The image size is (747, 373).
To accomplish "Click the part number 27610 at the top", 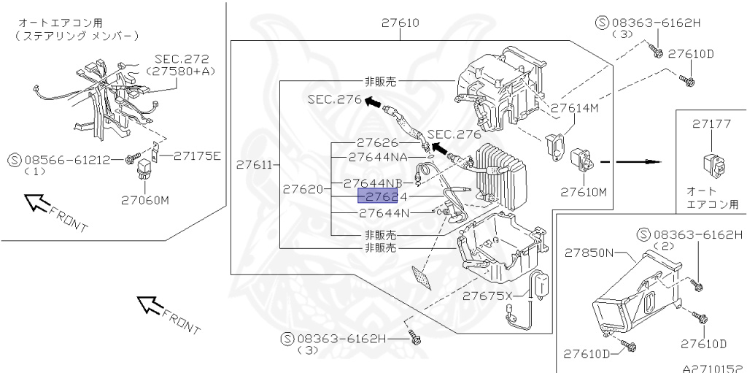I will click(x=400, y=23).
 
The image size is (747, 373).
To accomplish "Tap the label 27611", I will click(x=253, y=166).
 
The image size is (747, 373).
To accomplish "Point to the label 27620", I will click(x=303, y=189).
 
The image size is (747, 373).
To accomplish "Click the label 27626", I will click(x=378, y=142).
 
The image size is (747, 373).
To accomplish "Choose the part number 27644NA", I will click(x=378, y=156).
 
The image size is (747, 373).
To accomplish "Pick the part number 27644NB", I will click(x=373, y=182).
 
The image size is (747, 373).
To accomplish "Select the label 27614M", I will click(x=574, y=107).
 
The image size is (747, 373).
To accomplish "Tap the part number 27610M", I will click(x=584, y=193).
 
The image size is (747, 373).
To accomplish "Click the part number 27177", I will click(x=711, y=124).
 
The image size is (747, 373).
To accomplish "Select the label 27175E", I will click(x=196, y=155).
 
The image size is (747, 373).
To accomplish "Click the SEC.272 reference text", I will click(x=181, y=58).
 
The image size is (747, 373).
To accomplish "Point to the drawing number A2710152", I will click(x=713, y=369).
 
